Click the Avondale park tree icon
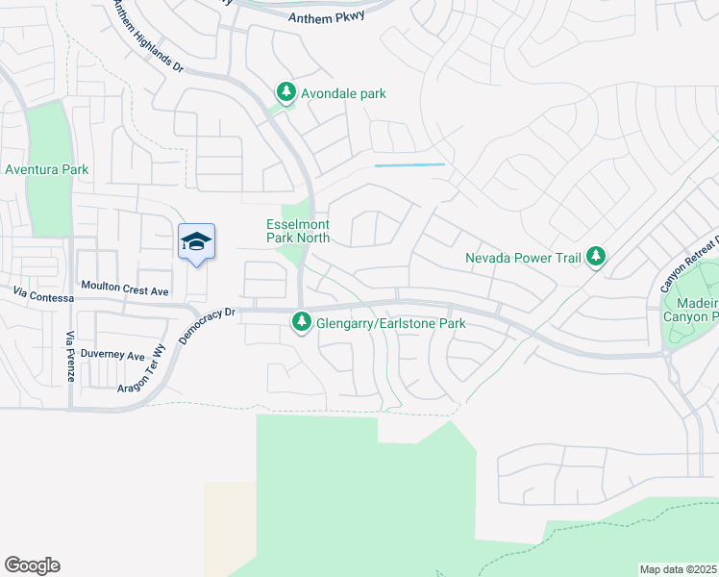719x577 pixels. (285, 93)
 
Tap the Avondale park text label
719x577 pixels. (343, 94)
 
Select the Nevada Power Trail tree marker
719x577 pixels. (597, 257)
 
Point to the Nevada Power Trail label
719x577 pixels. (525, 258)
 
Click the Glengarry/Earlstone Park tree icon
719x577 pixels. (302, 323)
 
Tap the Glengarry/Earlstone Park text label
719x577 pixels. (391, 324)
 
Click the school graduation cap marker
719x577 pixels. (196, 241)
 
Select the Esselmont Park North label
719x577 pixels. (298, 231)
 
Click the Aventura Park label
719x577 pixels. (47, 170)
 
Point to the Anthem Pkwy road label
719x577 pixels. (326, 18)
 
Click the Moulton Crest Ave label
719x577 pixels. (125, 289)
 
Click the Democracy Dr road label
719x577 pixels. (206, 326)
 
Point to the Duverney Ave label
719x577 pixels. (112, 354)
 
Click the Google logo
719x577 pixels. (32, 565)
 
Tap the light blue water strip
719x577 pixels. (409, 165)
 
